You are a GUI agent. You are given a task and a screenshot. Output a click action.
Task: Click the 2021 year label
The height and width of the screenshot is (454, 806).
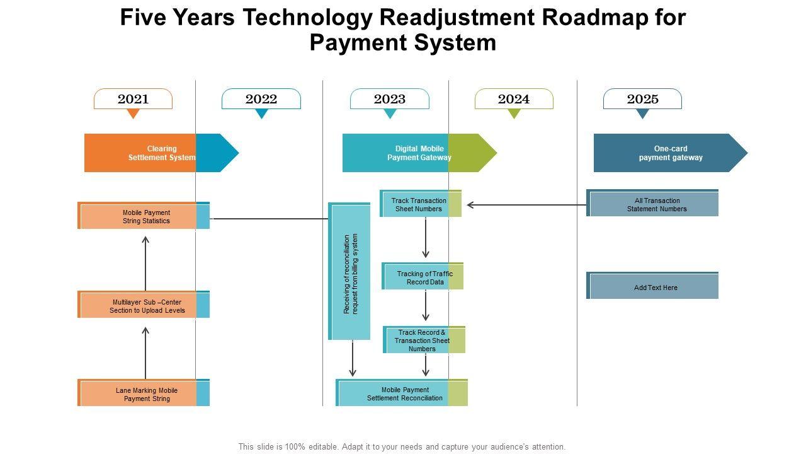pyautogui.click(x=133, y=99)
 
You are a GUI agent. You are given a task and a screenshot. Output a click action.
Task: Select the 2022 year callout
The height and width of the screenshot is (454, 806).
pyautogui.click(x=261, y=99)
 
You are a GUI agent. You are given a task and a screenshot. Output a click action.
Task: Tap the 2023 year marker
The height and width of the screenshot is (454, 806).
pyautogui.click(x=390, y=99)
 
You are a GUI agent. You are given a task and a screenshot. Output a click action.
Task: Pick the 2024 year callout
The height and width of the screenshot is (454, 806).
pyautogui.click(x=514, y=99)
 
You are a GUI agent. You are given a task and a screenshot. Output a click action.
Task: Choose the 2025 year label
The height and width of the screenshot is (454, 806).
pyautogui.click(x=642, y=99)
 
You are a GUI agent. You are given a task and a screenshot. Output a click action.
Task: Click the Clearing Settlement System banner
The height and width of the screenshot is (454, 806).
pyautogui.click(x=161, y=153)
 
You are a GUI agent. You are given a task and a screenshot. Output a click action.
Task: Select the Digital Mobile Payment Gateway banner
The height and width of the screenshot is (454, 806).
pyautogui.click(x=419, y=153)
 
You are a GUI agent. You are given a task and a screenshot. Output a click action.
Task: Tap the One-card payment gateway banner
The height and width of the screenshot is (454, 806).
pyautogui.click(x=670, y=153)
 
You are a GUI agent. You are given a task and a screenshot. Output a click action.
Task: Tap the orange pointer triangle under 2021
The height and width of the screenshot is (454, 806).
pyautogui.click(x=133, y=113)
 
